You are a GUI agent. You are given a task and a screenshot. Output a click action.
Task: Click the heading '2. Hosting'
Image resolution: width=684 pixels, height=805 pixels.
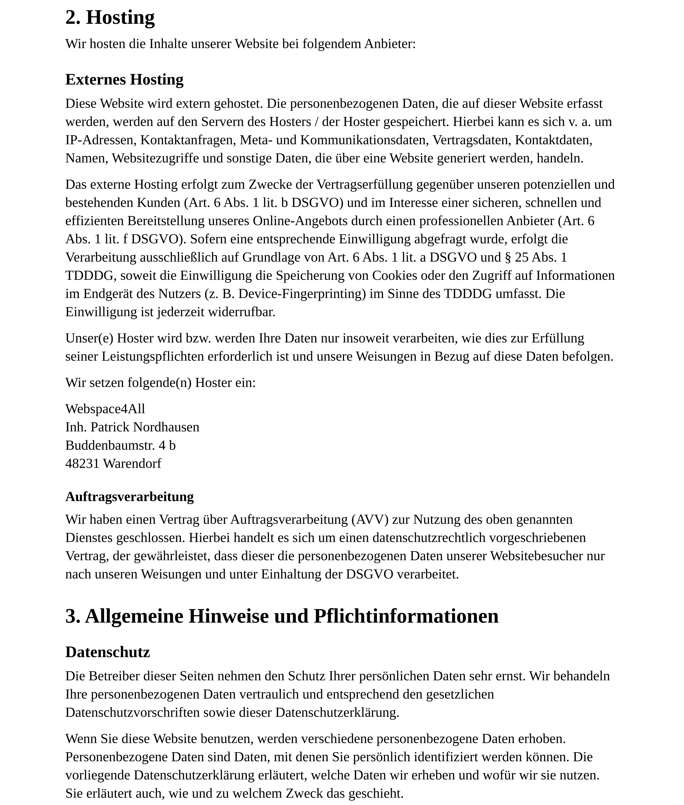(110, 17)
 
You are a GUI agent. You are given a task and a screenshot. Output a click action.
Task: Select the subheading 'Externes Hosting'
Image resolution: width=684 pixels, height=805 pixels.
(124, 79)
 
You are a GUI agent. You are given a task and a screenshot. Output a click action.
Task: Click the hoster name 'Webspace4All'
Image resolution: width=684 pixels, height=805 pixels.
(105, 409)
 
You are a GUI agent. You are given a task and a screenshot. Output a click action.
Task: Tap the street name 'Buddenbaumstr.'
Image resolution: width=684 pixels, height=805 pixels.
(110, 446)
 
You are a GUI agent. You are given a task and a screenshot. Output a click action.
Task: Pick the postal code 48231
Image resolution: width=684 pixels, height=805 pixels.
(82, 464)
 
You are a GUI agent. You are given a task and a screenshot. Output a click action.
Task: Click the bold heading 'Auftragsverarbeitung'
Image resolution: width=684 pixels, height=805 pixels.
(130, 497)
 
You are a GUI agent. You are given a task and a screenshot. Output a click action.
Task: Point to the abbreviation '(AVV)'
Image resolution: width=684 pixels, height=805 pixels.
(370, 520)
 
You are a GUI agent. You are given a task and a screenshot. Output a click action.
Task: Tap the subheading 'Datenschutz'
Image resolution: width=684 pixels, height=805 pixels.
(108, 652)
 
